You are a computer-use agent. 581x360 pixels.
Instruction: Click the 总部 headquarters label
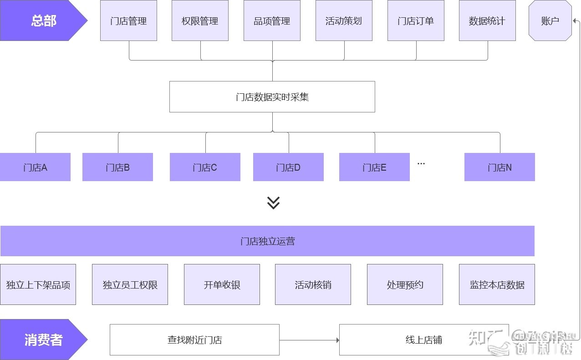pyautogui.click(x=43, y=21)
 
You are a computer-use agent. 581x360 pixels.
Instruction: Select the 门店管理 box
pyautogui.click(x=128, y=21)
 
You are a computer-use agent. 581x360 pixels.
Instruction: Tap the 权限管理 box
pyautogui.click(x=200, y=21)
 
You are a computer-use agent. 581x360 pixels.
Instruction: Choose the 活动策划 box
pyautogui.click(x=344, y=21)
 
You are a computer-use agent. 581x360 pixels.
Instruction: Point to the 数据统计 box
pyautogui.click(x=487, y=21)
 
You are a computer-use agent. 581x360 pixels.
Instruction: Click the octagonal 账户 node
pyautogui.click(x=550, y=21)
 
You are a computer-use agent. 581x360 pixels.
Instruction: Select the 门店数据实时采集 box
pyautogui.click(x=272, y=97)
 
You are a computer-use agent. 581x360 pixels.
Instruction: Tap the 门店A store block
pyautogui.click(x=35, y=167)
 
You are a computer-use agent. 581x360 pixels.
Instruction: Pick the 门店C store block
pyautogui.click(x=205, y=167)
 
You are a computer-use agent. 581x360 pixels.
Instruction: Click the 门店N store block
pyautogui.click(x=499, y=167)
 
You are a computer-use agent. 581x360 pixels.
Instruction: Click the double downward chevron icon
pyautogui.click(x=273, y=203)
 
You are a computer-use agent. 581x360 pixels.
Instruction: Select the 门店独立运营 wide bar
pyautogui.click(x=267, y=241)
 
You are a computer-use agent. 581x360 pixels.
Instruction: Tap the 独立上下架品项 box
pyautogui.click(x=38, y=285)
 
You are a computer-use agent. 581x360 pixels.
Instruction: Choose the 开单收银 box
pyautogui.click(x=222, y=285)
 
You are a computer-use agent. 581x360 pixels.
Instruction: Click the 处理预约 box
pyautogui.click(x=405, y=285)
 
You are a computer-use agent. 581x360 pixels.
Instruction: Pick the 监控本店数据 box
pyautogui.click(x=497, y=285)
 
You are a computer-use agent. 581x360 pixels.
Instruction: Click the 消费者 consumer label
pyautogui.click(x=43, y=340)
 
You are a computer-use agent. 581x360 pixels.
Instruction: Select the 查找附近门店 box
pyautogui.click(x=194, y=340)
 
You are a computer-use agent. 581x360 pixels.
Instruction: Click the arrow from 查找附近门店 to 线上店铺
pyautogui.click(x=309, y=340)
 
